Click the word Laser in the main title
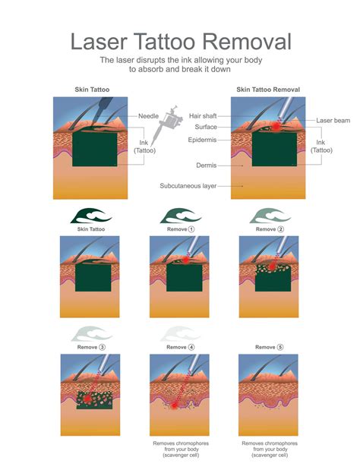click(x=99, y=42)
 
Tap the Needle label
click(x=148, y=116)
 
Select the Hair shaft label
click(x=203, y=115)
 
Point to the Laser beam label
click(x=333, y=121)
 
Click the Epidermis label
click(x=202, y=140)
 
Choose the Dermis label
click(x=207, y=165)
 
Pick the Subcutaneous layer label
click(x=188, y=186)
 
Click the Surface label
click(x=206, y=127)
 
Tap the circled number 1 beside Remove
click(x=191, y=229)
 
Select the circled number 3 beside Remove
click(x=102, y=347)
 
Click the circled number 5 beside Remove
click(x=280, y=347)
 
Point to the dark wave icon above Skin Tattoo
click(x=91, y=216)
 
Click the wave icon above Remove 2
click(x=270, y=216)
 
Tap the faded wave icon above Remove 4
click(x=180, y=334)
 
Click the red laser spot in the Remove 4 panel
click(x=175, y=405)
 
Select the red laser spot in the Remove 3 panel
click(x=88, y=399)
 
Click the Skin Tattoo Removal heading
click(x=268, y=90)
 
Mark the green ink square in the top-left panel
click(x=95, y=149)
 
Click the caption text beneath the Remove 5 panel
click(x=270, y=449)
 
